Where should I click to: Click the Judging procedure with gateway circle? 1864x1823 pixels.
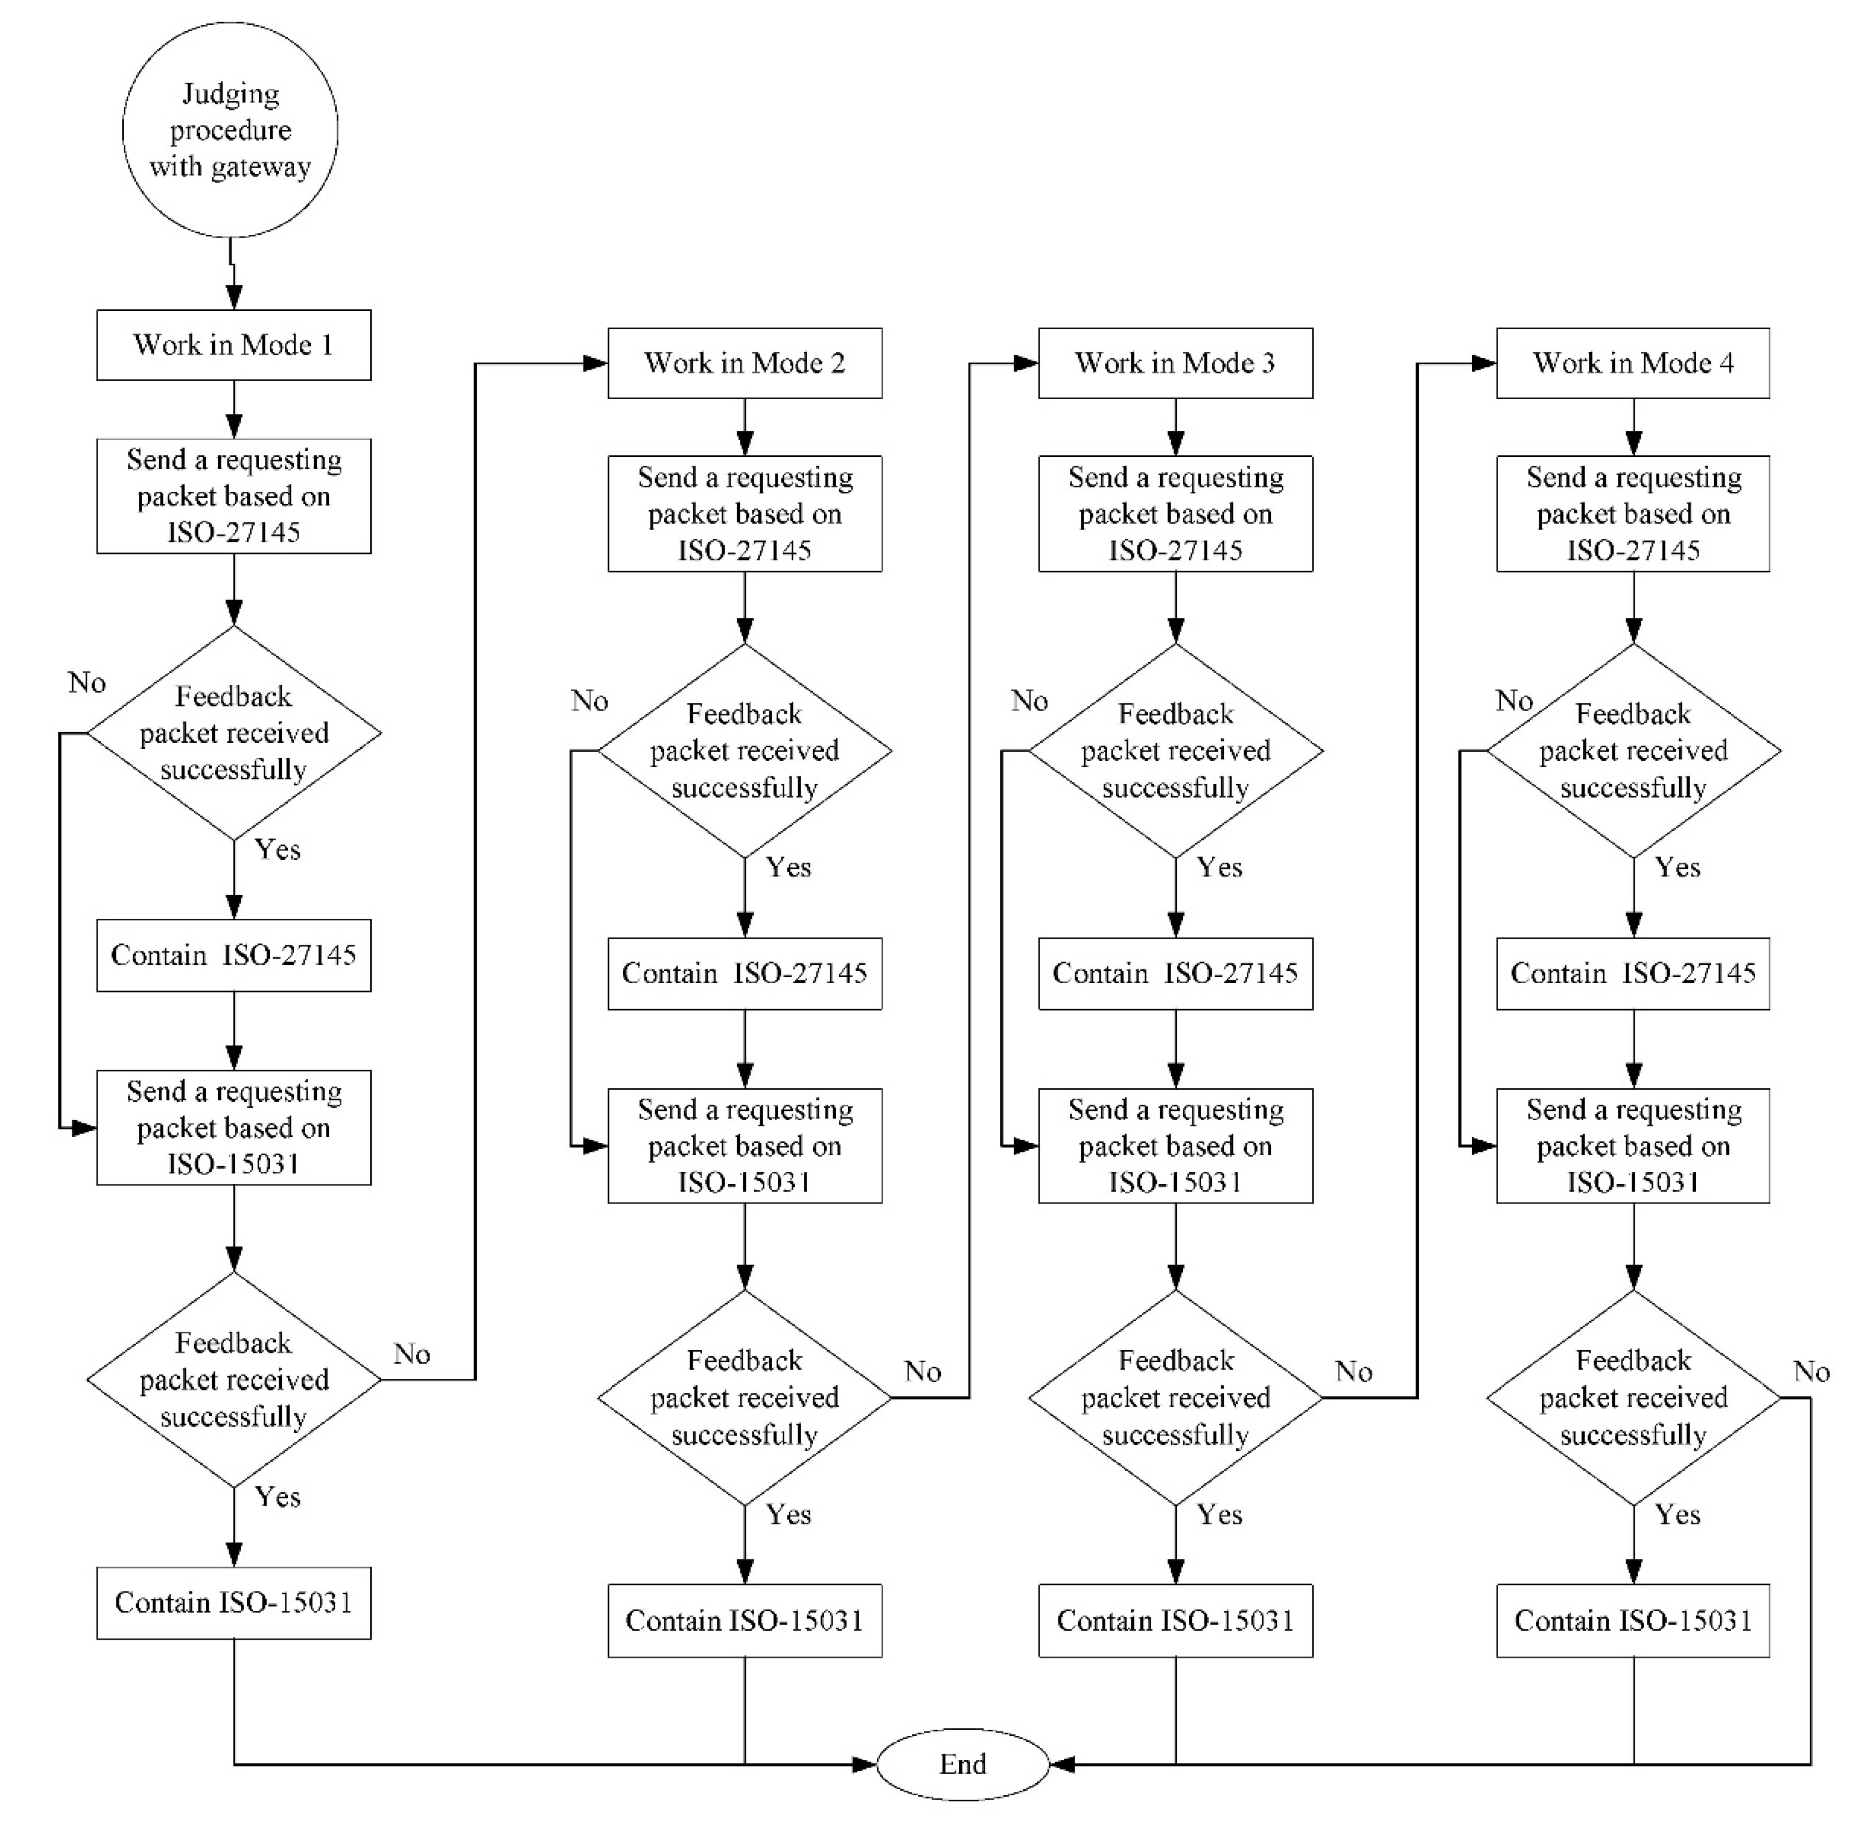tap(230, 130)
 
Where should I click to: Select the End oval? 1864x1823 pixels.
tap(962, 1764)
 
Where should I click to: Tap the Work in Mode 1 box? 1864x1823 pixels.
tap(234, 345)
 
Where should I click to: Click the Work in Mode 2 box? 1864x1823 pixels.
tap(745, 363)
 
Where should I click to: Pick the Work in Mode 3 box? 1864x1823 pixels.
tap(1175, 363)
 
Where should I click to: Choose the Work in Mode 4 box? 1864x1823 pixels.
tap(1633, 363)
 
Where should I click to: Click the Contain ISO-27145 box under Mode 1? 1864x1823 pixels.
tap(234, 955)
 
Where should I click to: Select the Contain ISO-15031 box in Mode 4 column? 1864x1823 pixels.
tap(1633, 1620)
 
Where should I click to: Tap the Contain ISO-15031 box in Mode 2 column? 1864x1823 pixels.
tap(745, 1620)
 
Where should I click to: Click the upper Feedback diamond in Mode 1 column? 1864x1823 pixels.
tap(234, 733)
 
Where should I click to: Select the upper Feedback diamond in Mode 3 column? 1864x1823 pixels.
tap(1175, 751)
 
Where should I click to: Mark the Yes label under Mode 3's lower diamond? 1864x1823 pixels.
tap(1220, 1515)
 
